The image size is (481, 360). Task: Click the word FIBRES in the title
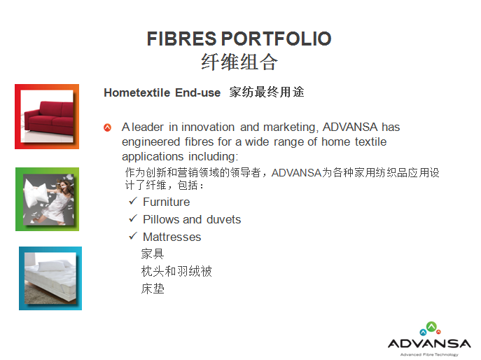pos(181,39)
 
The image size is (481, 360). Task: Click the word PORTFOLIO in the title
pos(276,39)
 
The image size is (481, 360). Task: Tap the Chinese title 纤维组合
pos(239,62)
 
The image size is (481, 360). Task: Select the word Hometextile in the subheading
pos(137,92)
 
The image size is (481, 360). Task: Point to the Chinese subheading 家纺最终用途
pos(267,92)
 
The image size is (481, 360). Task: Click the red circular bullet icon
pos(107,127)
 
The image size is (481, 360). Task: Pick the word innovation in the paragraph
pos(208,127)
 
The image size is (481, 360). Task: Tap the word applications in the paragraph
pos(153,157)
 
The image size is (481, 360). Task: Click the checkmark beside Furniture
pos(133,201)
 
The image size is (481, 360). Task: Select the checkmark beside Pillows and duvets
pos(133,219)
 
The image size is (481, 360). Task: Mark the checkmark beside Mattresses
pos(133,236)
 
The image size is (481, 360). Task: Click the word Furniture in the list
pos(166,202)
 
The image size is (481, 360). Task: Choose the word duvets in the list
pos(223,219)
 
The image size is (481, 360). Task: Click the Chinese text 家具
pos(153,254)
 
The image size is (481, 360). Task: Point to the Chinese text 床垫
pos(153,289)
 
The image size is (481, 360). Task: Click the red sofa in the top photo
pos(49,117)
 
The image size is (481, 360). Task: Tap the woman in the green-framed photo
pos(57,200)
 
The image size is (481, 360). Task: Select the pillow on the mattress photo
pos(53,265)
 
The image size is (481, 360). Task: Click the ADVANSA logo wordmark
pos(429,343)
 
